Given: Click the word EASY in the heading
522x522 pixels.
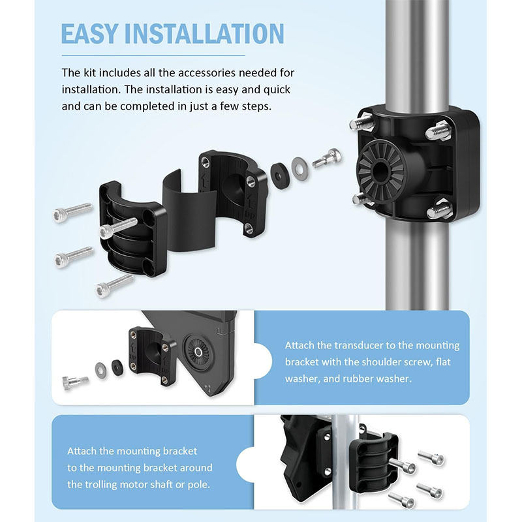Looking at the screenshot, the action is tap(89, 34).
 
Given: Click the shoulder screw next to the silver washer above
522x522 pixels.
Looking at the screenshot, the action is tap(327, 158).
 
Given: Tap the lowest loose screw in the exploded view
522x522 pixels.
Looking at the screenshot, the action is tap(114, 286).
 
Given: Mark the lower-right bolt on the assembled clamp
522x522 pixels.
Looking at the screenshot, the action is tap(440, 209).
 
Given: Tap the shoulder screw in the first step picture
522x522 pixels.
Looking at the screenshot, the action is tap(75, 382).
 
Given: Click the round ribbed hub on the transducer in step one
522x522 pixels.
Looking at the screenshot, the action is tap(198, 352).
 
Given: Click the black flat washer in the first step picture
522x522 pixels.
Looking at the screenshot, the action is tap(117, 367).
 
